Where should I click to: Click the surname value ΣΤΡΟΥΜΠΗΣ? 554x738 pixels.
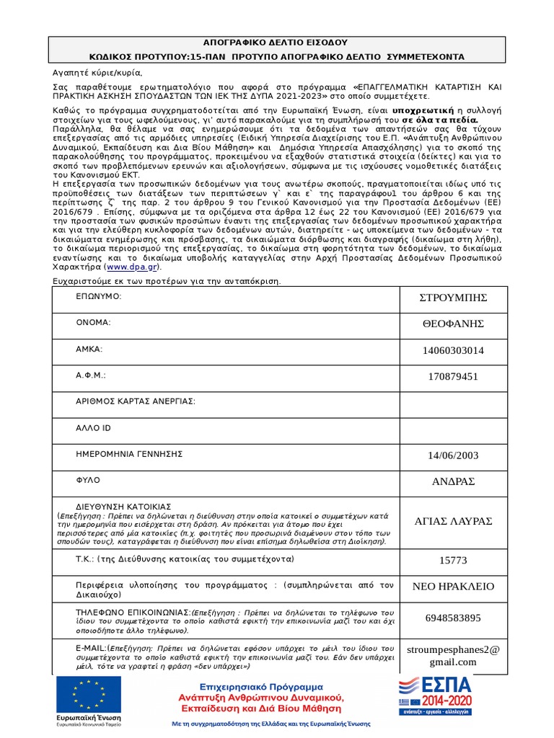[454, 298]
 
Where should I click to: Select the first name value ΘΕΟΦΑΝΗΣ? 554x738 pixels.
[454, 324]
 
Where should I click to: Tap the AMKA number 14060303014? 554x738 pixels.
[454, 350]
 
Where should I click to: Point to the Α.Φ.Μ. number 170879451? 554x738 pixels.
[454, 376]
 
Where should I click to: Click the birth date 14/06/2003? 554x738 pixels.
[454, 455]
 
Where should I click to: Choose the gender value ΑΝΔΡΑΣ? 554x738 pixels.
[454, 481]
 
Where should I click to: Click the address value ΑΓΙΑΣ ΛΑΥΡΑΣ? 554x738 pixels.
[454, 521]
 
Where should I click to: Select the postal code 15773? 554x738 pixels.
[454, 561]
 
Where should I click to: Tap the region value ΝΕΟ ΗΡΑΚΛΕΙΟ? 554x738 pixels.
[454, 587]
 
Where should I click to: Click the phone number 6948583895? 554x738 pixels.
[454, 618]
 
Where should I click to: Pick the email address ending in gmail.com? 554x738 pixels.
[454, 656]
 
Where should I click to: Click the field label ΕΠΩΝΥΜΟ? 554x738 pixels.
[99, 296]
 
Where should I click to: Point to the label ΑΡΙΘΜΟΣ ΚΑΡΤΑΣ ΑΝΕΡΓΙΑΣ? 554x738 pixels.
[136, 401]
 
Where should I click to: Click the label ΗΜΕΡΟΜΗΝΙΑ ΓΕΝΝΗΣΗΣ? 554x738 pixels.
[129, 454]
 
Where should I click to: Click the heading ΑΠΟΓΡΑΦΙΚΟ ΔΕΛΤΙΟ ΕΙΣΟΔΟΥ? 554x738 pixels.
[278, 43]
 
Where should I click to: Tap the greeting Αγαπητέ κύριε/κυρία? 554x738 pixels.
[99, 73]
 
